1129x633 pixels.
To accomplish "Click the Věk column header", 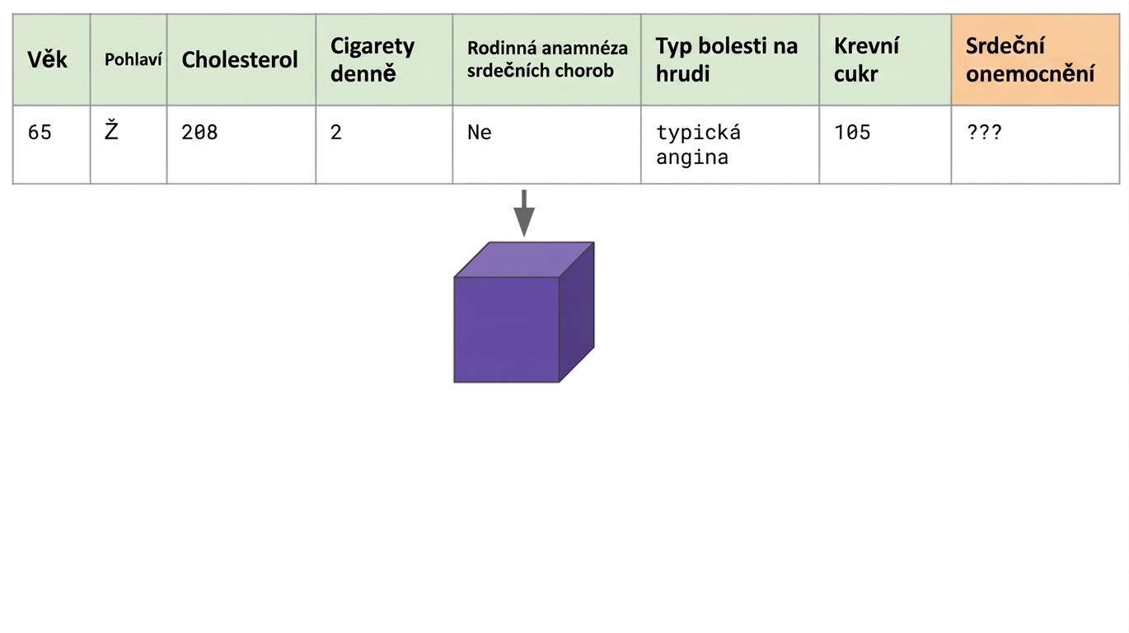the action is [51, 60].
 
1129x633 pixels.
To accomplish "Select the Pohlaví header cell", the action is [129, 60].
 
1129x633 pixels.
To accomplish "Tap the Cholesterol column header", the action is [241, 60].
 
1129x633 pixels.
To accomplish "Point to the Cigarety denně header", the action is [384, 60].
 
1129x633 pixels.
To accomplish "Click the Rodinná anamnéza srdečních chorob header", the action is [547, 60].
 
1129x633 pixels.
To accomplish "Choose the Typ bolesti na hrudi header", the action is [730, 60].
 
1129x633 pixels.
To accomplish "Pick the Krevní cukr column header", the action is [886, 60].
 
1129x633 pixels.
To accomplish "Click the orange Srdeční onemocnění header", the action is [1036, 60].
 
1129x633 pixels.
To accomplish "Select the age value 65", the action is [40, 133].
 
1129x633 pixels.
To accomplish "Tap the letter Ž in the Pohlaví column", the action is [111, 130].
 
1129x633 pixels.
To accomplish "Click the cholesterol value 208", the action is [199, 133].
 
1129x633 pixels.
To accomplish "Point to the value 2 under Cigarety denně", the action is [336, 133].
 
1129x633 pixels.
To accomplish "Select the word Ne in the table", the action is [480, 133].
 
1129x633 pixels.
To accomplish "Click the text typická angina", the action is [699, 144].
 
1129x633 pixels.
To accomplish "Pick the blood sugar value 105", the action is [852, 133].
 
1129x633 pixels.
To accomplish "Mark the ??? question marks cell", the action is [984, 133].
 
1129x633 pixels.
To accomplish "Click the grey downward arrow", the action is [524, 213].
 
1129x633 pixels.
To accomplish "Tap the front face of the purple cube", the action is [507, 330].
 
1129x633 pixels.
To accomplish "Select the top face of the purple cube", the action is [524, 260].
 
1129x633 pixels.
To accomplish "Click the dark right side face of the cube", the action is [577, 312].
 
